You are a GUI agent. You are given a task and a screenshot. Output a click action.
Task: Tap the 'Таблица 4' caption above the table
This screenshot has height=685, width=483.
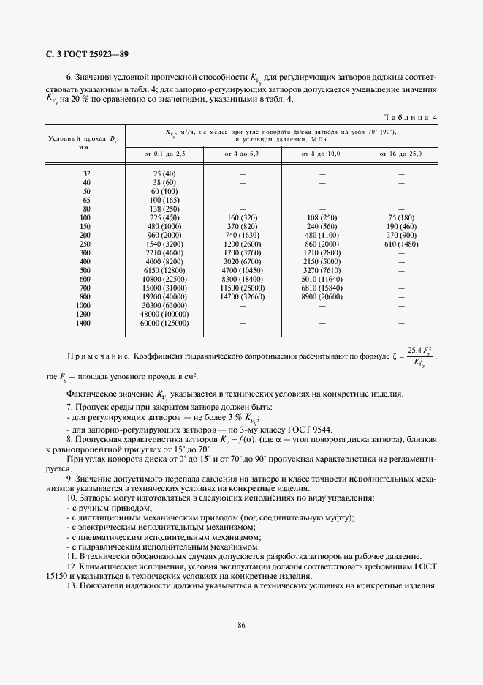tap(411, 117)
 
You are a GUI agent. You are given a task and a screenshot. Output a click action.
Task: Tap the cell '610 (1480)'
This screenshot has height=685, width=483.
tap(400, 244)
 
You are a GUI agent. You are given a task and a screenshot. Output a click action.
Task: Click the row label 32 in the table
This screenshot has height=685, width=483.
tap(86, 173)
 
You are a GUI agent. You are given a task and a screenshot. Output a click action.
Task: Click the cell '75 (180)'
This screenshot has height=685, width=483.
tap(400, 217)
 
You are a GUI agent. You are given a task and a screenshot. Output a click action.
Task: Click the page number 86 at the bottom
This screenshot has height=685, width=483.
tap(241, 624)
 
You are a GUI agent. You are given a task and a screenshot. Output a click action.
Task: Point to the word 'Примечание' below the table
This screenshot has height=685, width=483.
tap(95, 357)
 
